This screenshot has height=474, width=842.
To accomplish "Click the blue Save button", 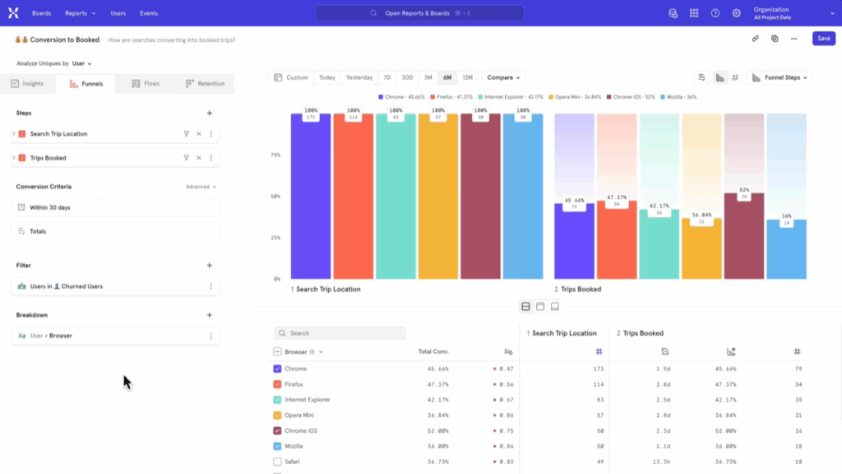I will tap(823, 39).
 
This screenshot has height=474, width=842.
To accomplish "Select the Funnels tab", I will tap(86, 84).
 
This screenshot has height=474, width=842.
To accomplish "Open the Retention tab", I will tap(205, 84).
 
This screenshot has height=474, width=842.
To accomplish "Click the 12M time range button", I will tap(467, 77).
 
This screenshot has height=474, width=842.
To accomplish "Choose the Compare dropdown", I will tap(503, 77).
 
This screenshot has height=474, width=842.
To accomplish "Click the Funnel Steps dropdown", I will tap(779, 77).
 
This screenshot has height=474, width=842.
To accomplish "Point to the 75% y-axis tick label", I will tap(276, 155).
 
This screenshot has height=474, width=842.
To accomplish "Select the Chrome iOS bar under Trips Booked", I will tap(744, 239).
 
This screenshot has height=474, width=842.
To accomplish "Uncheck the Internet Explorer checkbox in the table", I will tap(277, 400).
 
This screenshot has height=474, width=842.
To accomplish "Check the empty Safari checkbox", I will tap(277, 462).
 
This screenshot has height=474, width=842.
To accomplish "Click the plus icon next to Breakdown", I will tap(210, 314).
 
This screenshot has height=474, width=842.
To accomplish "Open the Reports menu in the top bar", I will tap(80, 13).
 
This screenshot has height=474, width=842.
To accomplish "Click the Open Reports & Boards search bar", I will tap(419, 13).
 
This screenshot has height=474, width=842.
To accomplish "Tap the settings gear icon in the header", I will tap(737, 13).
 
